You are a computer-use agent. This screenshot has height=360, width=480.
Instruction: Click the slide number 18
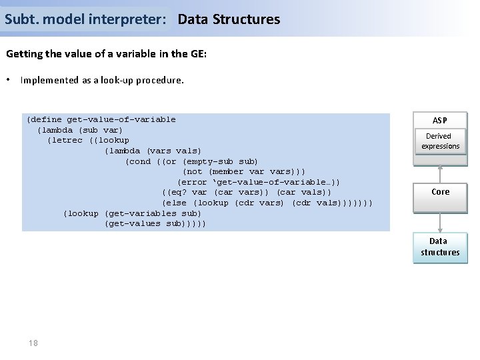(x=33, y=343)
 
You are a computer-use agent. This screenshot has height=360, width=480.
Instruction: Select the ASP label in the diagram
(x=440, y=121)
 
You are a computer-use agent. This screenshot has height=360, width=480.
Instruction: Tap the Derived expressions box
(x=440, y=141)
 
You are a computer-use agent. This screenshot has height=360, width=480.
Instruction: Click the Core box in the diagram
(x=440, y=192)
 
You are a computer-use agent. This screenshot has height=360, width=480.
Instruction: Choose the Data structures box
(x=440, y=247)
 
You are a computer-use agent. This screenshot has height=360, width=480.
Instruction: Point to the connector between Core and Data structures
(x=440, y=221)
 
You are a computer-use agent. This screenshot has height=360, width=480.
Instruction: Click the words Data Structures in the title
(x=229, y=19)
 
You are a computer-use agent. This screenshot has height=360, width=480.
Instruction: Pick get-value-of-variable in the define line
(x=121, y=119)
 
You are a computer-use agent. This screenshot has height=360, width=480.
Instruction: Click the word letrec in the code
(x=67, y=140)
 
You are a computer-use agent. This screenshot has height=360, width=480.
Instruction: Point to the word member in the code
(x=230, y=171)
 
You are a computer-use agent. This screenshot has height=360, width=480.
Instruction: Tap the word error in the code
(x=194, y=182)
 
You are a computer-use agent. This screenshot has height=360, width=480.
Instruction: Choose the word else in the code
(x=176, y=203)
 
